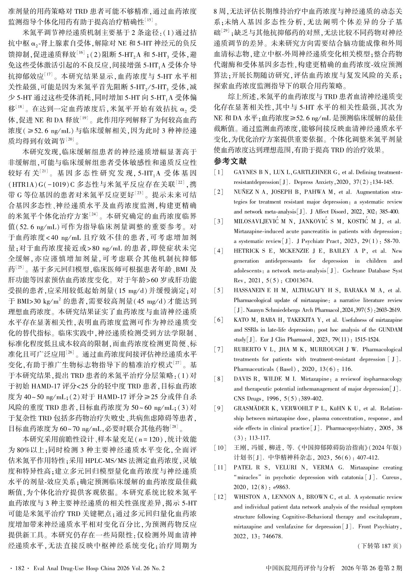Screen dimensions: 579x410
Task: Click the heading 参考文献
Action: (x=230, y=161)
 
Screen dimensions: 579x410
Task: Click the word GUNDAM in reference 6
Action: (x=391, y=330)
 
